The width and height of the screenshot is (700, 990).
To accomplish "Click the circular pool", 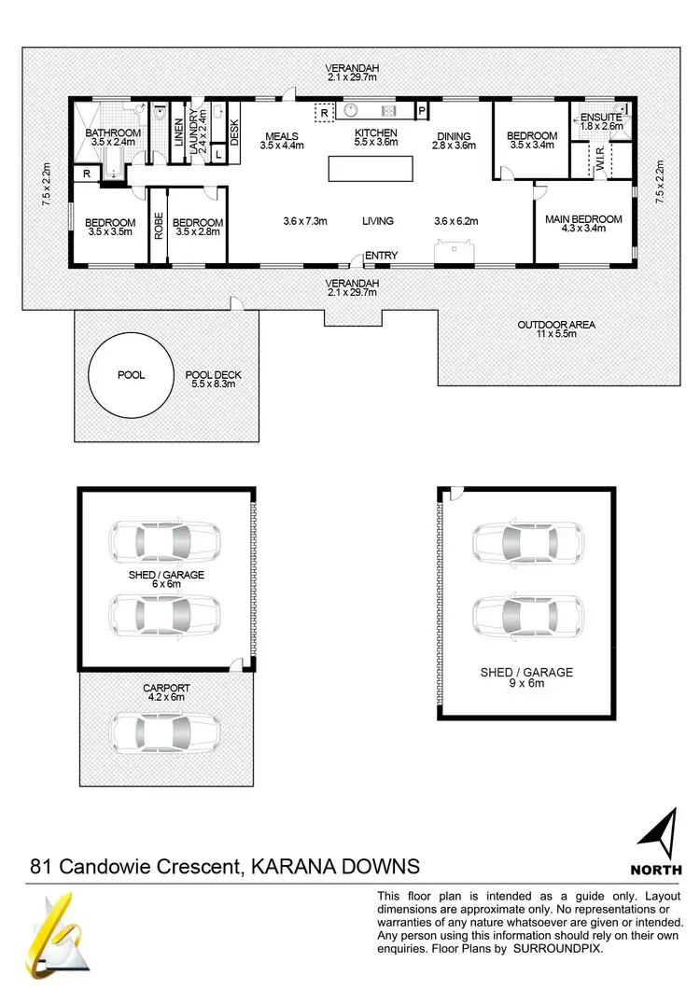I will point(130,375).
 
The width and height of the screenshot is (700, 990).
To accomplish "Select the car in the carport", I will point(164,732).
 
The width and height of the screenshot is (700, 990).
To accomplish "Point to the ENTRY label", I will point(381,255).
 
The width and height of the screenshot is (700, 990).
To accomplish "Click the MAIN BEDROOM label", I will point(582,219).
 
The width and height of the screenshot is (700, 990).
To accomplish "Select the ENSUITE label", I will point(600,117).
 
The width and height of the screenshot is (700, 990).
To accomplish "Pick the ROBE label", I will point(159,227).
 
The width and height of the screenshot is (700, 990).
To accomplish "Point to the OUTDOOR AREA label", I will point(555,325).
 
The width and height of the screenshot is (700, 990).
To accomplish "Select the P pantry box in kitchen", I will point(422,110).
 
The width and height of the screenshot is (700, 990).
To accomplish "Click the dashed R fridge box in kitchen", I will point(324,112).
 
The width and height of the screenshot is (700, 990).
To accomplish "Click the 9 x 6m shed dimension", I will point(525,683).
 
